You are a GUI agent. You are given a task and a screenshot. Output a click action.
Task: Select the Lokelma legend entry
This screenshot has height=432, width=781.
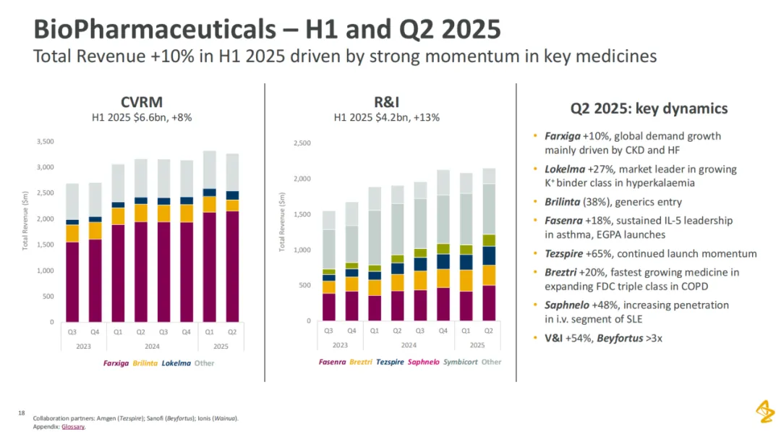click(x=176, y=363)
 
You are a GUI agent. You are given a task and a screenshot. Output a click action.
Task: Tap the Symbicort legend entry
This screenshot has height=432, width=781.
click(x=459, y=361)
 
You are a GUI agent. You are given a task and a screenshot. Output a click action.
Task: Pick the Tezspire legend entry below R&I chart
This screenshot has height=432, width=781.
click(x=390, y=361)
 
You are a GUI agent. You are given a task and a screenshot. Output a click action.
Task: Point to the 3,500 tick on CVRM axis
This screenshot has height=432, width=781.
click(x=46, y=142)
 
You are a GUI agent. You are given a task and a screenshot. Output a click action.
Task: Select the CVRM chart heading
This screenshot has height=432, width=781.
click(x=141, y=102)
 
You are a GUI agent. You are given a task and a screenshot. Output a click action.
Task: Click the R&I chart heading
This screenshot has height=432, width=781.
click(x=386, y=102)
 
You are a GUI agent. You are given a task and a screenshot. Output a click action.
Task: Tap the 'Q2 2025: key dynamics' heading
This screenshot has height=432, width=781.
click(x=649, y=109)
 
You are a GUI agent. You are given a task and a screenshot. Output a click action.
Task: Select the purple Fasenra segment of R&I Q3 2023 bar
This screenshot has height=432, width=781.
click(x=328, y=307)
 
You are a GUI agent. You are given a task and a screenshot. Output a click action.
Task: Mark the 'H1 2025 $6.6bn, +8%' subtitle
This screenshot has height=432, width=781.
click(x=141, y=117)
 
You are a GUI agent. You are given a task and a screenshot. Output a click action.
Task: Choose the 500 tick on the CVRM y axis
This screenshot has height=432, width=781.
click(x=48, y=296)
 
